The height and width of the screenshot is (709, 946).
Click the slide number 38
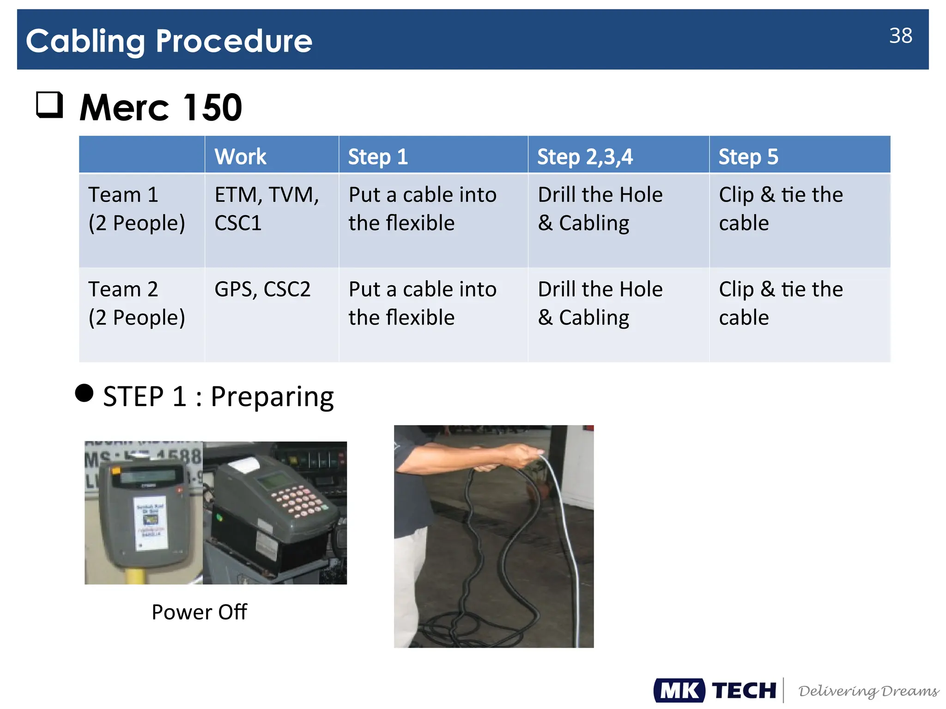click(900, 36)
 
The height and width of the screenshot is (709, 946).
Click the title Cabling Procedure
click(169, 41)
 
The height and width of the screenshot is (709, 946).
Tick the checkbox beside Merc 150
click(49, 104)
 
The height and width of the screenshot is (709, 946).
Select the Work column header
click(240, 156)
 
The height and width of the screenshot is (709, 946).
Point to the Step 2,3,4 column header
click(585, 156)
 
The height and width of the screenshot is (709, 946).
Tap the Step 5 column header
click(748, 156)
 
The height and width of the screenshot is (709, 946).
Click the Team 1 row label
click(137, 209)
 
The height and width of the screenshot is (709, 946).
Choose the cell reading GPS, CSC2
click(262, 289)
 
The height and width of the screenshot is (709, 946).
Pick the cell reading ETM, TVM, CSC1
click(267, 209)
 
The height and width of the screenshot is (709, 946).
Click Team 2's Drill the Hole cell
click(600, 303)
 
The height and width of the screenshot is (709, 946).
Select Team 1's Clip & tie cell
click(780, 209)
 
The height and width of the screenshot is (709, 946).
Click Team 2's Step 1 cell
click(422, 303)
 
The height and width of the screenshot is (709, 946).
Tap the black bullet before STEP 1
click(84, 393)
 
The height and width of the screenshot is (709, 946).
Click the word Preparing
click(272, 397)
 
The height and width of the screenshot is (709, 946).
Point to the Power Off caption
click(199, 612)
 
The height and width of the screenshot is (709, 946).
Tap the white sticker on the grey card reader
click(150, 523)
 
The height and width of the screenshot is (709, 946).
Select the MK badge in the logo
click(679, 691)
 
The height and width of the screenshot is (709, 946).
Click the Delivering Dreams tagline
click(868, 691)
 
